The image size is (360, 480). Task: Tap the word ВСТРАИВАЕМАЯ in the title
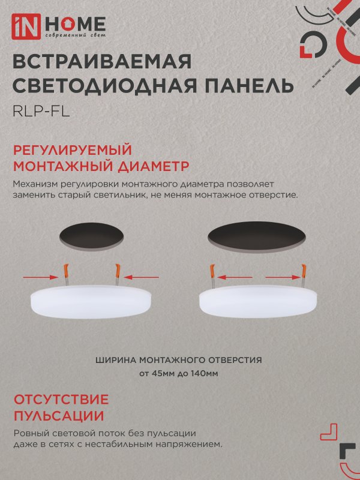pyautogui.click(x=101, y=62)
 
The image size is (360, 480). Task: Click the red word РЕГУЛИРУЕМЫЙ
pyautogui.click(x=72, y=149)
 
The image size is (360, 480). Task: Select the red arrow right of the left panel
pyautogui.click(x=143, y=277)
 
